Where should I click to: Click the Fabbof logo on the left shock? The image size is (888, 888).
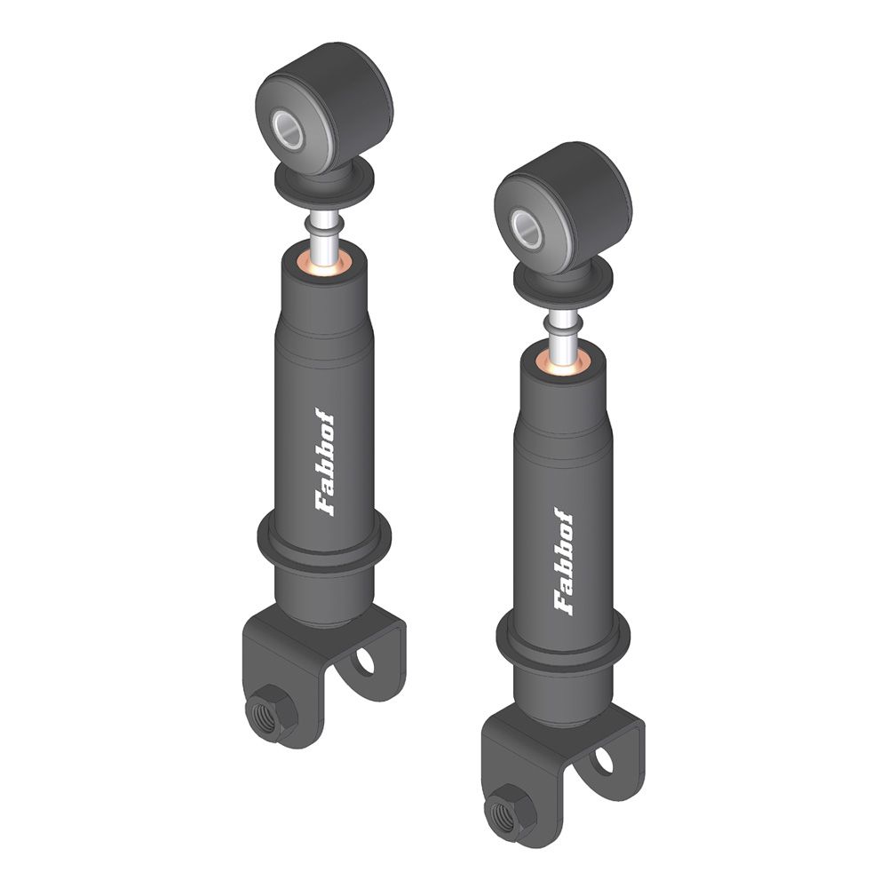[324, 462]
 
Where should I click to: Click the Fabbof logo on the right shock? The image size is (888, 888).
[564, 561]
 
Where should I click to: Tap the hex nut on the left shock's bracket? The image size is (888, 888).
[271, 712]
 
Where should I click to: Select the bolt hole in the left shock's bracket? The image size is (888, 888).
[365, 661]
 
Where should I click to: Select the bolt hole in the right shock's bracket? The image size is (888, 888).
[604, 761]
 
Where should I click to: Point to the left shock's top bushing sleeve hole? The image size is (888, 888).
[289, 130]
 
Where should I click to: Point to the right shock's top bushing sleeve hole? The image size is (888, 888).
[527, 229]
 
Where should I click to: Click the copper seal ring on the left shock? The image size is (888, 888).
[324, 265]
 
